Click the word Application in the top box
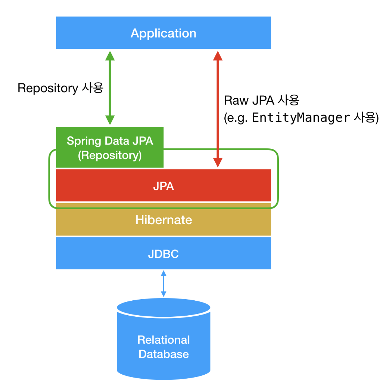163,33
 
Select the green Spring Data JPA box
110,147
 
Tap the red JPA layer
163,186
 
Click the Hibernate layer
163,220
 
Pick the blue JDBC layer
163,254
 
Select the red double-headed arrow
218,109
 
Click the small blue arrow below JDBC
163,284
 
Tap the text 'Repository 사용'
60,88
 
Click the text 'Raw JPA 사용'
261,101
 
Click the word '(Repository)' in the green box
110,155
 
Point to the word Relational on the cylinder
163,340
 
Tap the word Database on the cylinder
163,354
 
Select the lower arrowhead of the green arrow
110,120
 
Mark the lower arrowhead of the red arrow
218,162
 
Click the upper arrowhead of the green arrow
110,56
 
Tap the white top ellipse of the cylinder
163,307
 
